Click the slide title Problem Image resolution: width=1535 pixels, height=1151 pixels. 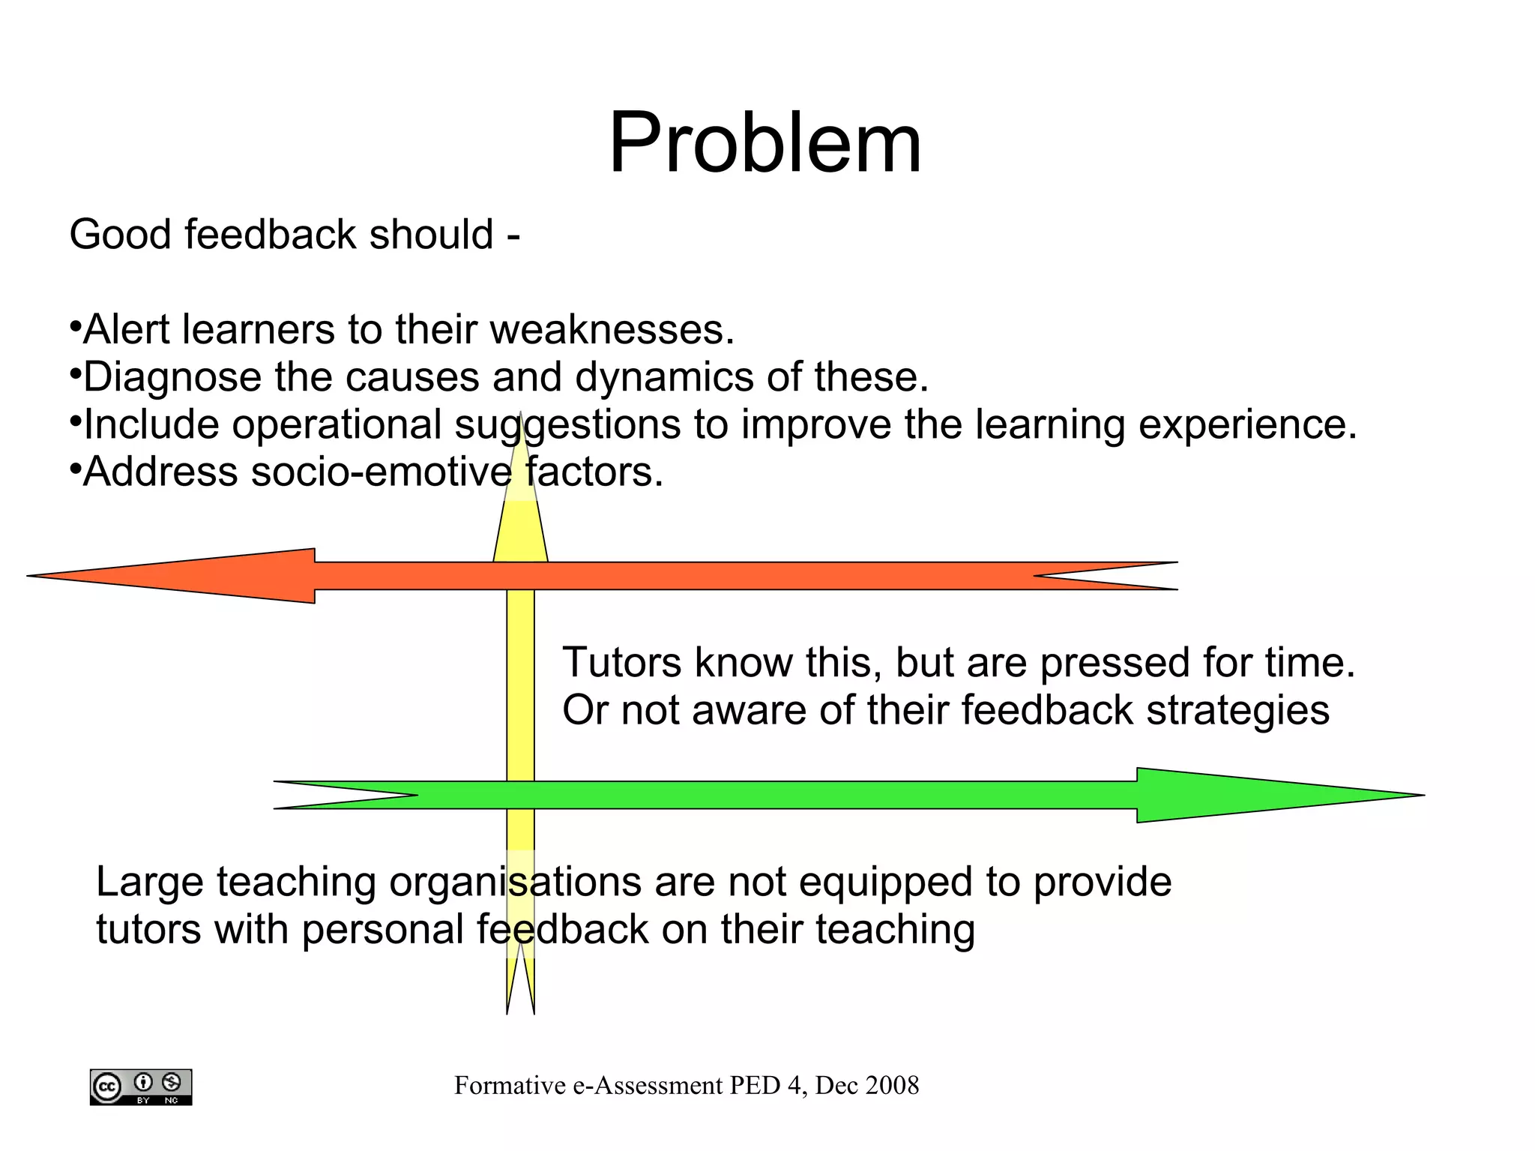(x=765, y=142)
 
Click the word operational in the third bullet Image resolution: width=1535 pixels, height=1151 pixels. (x=337, y=425)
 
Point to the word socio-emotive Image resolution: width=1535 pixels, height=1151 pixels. (x=382, y=472)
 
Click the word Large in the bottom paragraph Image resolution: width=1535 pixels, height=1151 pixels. (x=149, y=883)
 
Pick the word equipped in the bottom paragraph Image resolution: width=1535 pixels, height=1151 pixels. (x=885, y=883)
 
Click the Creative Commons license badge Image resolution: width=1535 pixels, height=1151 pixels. (x=141, y=1087)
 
